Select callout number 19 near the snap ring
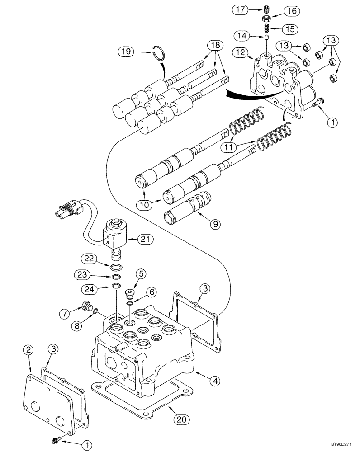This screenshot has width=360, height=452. pos(126,52)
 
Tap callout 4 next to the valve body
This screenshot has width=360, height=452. pos(216,381)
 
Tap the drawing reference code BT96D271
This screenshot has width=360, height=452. pos(339,445)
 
